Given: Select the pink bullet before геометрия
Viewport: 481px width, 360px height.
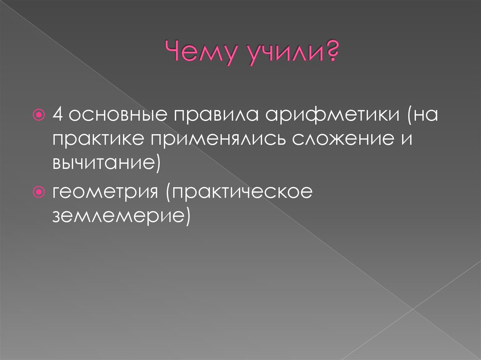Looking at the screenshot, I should [x=39, y=192].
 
